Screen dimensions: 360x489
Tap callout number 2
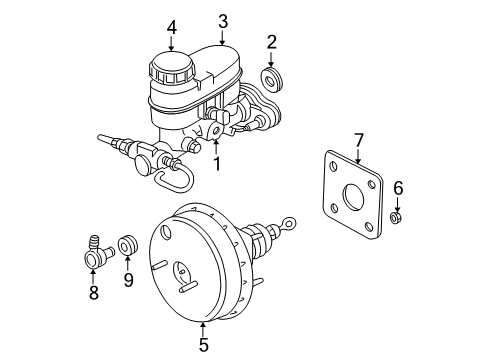[x=271, y=41]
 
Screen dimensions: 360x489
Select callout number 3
[x=223, y=19]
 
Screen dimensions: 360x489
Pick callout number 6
[x=397, y=187]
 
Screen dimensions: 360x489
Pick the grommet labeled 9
[x=126, y=243]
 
